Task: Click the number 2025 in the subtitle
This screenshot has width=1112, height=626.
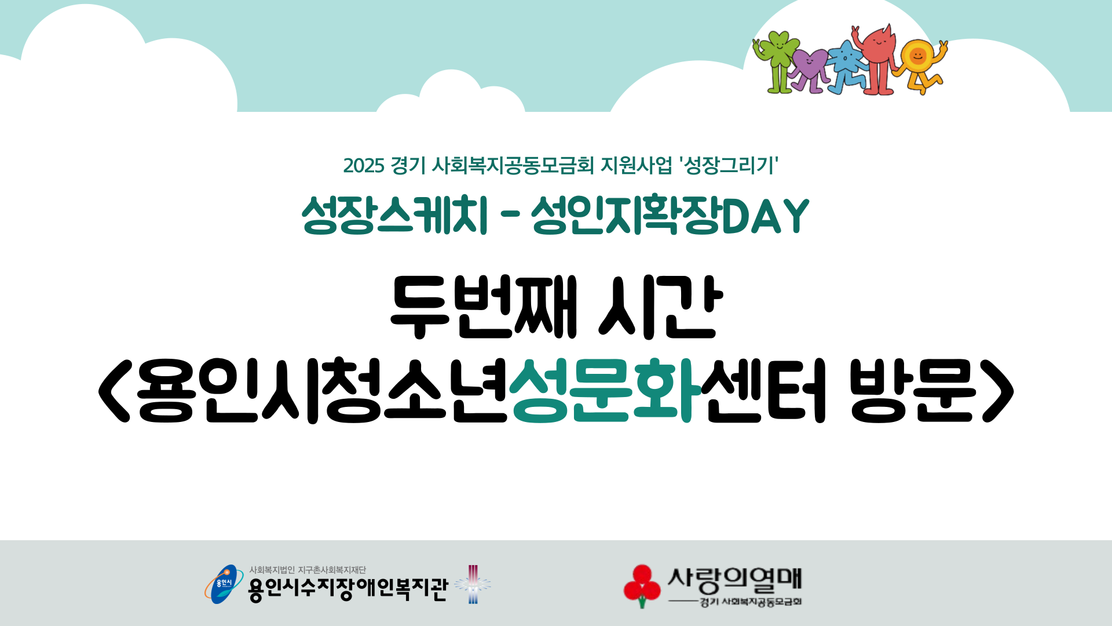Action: click(x=364, y=166)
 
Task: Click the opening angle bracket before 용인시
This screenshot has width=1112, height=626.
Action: click(x=115, y=390)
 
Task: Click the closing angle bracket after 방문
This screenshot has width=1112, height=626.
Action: click(x=998, y=390)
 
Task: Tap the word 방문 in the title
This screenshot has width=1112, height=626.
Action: click(x=912, y=390)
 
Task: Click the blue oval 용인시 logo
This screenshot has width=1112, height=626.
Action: click(x=224, y=584)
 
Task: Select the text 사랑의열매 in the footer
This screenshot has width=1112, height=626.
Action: click(x=734, y=579)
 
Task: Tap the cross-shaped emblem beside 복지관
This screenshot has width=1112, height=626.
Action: click(x=473, y=584)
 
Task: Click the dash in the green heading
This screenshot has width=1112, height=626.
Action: click(x=509, y=217)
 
